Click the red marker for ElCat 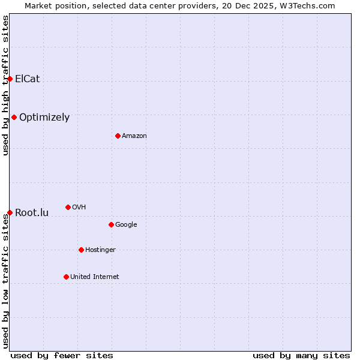[x=10, y=79]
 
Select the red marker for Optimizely [x=14, y=117]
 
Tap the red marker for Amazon [x=118, y=136]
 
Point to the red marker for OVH [x=68, y=207]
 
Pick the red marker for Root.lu [x=10, y=212]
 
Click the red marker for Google [x=111, y=224]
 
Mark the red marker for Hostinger [x=81, y=250]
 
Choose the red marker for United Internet [x=66, y=277]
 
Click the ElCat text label [x=27, y=79]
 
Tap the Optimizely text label [x=44, y=118]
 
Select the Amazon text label [x=134, y=136]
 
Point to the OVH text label [x=79, y=207]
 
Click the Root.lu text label [x=32, y=212]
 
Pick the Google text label [x=126, y=224]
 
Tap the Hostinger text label [x=100, y=250]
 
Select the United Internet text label [x=95, y=277]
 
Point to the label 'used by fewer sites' [x=62, y=355]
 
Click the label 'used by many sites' [x=301, y=355]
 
